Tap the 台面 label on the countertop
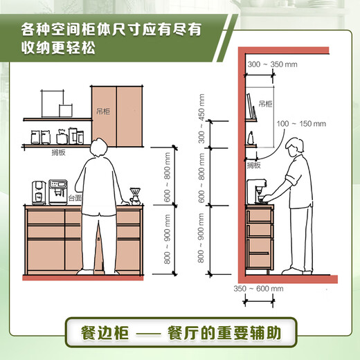click(74, 198)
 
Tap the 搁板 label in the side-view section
click(254, 165)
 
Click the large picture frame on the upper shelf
click(50, 105)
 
